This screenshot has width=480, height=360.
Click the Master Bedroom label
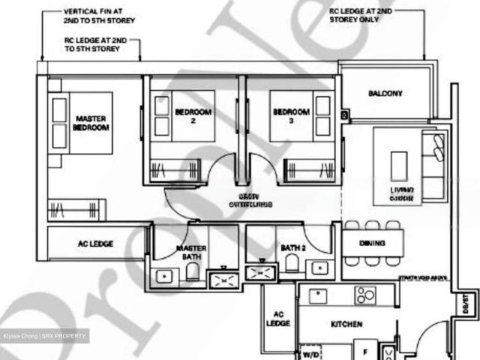(x=91, y=123)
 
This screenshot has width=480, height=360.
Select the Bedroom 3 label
(x=290, y=116)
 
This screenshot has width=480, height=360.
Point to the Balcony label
(x=385, y=94)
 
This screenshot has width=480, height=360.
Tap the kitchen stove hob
(x=364, y=295)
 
